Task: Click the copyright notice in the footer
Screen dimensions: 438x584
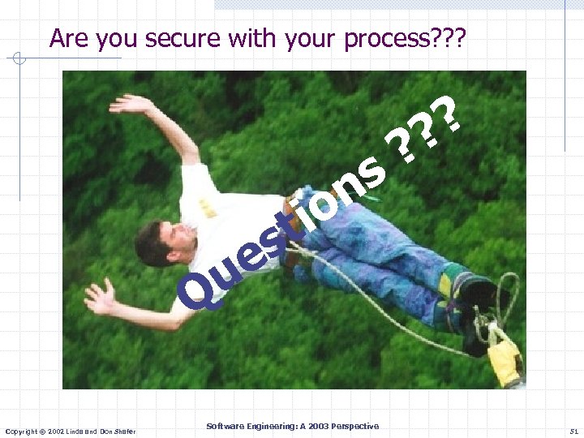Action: [70, 429]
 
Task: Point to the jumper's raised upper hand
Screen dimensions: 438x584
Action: [130, 104]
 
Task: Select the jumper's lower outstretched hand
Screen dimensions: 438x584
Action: [100, 298]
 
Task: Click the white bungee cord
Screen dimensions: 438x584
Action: [381, 308]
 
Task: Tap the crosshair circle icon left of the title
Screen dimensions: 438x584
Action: [19, 58]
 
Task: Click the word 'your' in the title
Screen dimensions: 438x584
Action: [313, 39]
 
